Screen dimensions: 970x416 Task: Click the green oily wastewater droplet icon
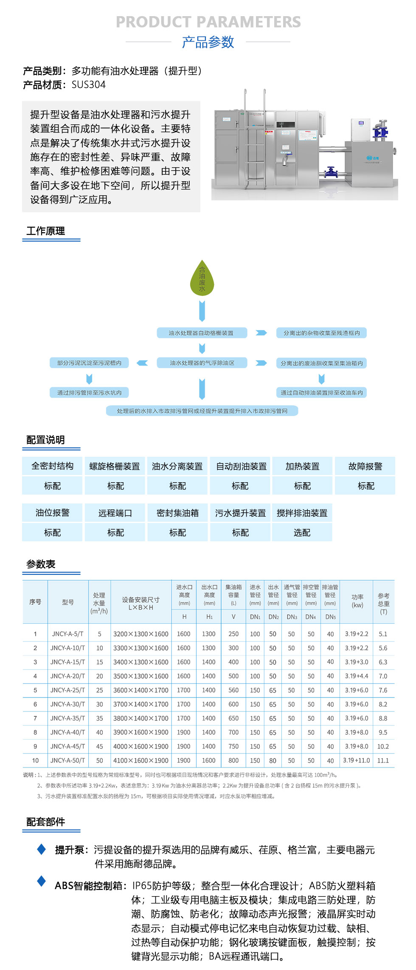coord(202,279)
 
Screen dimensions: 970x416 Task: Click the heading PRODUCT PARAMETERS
coord(208,22)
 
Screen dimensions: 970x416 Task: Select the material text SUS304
coord(89,85)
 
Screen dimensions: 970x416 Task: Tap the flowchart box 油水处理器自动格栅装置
coord(202,333)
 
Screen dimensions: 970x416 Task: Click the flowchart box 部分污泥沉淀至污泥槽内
coord(89,363)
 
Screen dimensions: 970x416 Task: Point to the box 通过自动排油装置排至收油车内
coord(321,393)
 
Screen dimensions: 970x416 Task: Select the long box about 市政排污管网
coord(202,411)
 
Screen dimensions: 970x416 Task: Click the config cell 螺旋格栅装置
coord(115,466)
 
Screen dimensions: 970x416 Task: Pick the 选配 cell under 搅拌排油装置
coord(302,532)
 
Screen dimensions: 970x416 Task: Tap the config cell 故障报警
coord(365,466)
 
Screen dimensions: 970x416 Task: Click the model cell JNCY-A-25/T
coord(68,690)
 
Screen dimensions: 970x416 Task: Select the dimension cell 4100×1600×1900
coord(141,760)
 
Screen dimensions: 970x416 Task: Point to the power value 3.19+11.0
coord(357,760)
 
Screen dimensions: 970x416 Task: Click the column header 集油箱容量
coord(233,595)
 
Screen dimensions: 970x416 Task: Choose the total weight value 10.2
coord(383,746)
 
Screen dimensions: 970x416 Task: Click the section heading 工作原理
coord(45,231)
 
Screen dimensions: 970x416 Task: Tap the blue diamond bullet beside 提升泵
coord(42,849)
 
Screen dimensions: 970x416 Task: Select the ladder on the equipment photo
coord(255,140)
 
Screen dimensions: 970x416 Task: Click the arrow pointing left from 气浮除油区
coord(142,363)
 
